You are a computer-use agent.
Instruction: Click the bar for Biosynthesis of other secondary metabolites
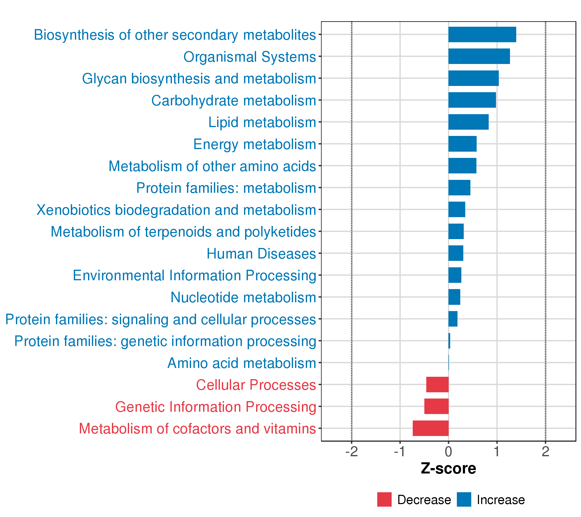point(482,34)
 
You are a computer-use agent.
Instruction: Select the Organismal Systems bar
point(479,56)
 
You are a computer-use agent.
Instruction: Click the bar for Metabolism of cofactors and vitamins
point(430,428)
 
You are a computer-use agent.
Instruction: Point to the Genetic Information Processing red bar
point(436,406)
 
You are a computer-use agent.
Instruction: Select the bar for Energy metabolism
point(462,144)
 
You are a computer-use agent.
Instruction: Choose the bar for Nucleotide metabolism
point(454,297)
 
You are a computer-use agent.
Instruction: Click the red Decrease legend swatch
point(384,499)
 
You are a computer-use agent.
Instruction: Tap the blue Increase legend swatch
point(464,499)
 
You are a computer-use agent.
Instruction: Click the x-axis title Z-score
point(448,468)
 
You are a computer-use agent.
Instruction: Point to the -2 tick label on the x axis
point(352,452)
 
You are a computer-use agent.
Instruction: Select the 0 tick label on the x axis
point(448,452)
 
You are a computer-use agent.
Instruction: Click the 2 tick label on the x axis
point(545,452)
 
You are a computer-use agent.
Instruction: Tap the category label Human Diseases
point(261,254)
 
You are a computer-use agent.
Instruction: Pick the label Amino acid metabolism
point(242,363)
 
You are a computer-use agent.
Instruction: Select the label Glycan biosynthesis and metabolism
point(199,79)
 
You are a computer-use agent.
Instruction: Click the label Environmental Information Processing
point(195,276)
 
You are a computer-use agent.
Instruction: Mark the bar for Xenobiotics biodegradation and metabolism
point(457,209)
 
